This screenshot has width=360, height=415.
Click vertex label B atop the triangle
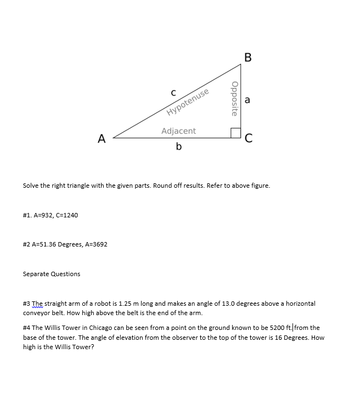pyautogui.click(x=248, y=57)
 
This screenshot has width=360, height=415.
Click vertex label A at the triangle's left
pyautogui.click(x=101, y=139)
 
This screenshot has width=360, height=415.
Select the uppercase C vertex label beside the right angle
pyautogui.click(x=249, y=139)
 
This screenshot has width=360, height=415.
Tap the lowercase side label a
pyautogui.click(x=248, y=100)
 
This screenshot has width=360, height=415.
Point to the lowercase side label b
pyautogui.click(x=179, y=147)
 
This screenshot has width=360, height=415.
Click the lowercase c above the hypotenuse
pyautogui.click(x=173, y=93)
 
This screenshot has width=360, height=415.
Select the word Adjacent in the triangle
pyautogui.click(x=178, y=131)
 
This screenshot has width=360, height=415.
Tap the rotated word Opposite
pyautogui.click(x=235, y=99)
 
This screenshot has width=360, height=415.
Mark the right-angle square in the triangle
pyautogui.click(x=235, y=133)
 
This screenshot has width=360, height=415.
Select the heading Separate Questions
pyautogui.click(x=52, y=274)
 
